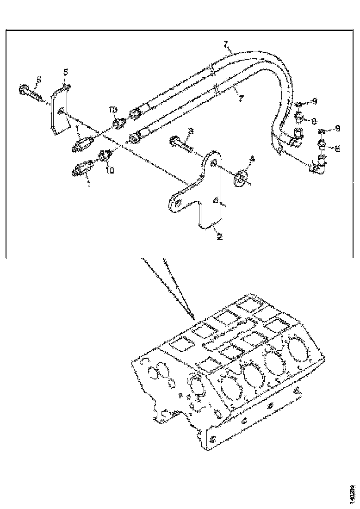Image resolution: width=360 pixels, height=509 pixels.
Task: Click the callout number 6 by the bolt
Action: pos(38,80)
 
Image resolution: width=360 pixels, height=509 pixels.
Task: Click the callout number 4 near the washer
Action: pos(252,159)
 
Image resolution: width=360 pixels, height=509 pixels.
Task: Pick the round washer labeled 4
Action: pos(240,178)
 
